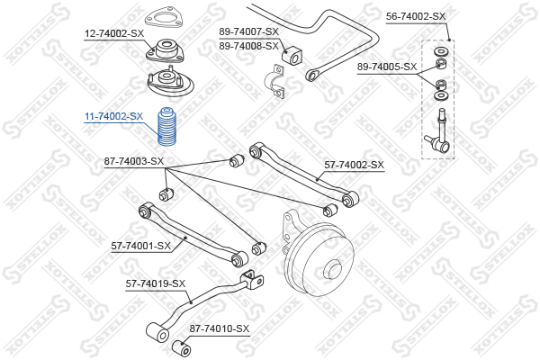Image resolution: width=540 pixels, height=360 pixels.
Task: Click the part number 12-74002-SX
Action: [x=114, y=34]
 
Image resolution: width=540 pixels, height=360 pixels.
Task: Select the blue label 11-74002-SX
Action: [x=114, y=116]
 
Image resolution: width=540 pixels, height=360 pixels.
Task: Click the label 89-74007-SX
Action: [x=248, y=31]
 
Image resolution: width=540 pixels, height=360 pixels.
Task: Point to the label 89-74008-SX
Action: [x=248, y=46]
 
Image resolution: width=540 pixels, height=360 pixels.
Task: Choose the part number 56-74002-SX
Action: [x=416, y=16]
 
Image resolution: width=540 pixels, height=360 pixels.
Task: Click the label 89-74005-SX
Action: [x=387, y=67]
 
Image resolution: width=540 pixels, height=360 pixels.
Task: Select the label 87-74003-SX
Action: [x=134, y=161]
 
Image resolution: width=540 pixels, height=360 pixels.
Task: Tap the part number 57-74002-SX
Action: [x=354, y=165]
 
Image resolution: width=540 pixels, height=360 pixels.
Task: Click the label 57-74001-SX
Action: [x=141, y=246]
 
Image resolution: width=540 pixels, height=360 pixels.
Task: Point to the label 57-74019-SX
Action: [x=156, y=283]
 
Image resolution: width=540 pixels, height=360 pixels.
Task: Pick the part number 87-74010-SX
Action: [x=219, y=329]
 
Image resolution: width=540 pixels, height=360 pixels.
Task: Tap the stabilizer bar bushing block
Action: [x=292, y=55]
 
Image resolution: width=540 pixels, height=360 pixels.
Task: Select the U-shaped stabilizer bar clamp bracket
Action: [x=274, y=81]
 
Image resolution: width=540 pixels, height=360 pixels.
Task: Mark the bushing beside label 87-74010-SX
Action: [x=181, y=348]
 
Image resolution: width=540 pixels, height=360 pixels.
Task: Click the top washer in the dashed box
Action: [x=441, y=52]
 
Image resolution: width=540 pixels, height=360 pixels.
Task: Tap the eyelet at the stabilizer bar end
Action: [x=311, y=76]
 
